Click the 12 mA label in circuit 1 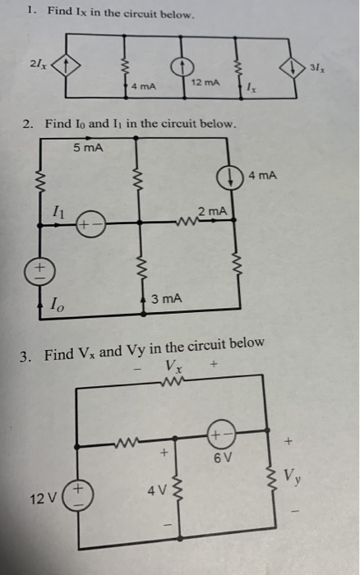click(x=205, y=85)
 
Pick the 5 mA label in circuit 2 click(x=87, y=148)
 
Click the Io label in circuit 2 click(x=56, y=306)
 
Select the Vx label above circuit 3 click(x=174, y=367)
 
